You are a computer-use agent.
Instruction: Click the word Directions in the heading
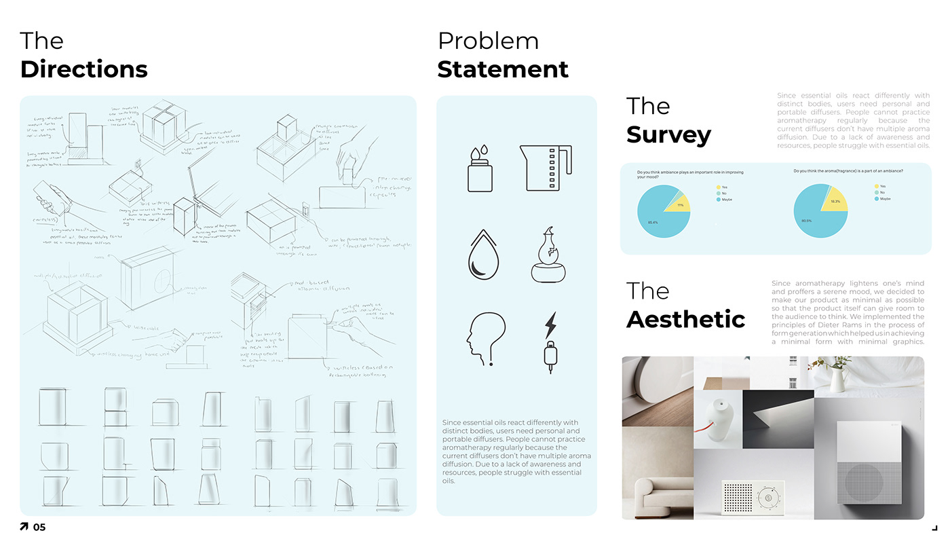83,69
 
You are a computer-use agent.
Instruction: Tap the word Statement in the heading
503,69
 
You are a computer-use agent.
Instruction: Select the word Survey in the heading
668,134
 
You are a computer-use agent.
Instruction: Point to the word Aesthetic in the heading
685,319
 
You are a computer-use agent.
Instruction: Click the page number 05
39,527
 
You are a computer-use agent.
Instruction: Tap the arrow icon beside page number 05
24,527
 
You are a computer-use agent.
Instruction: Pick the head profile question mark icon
485,338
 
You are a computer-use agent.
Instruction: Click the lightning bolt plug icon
550,343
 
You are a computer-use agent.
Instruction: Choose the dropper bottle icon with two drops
480,168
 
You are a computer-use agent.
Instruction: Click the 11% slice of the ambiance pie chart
679,203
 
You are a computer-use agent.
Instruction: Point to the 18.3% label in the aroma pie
835,202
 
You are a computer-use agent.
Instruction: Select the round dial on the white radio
768,498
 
